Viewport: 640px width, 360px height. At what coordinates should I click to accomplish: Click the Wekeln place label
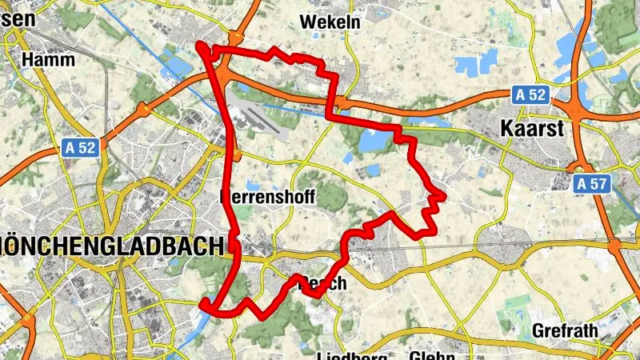point(330,22)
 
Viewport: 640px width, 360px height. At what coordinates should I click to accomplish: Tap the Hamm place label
point(49,59)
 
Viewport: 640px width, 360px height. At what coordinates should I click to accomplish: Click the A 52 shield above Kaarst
point(530,94)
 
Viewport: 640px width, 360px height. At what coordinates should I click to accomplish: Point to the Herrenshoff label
point(268,198)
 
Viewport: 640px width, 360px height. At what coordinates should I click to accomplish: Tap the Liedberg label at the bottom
point(352,355)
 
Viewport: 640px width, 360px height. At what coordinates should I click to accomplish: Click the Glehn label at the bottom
point(433,355)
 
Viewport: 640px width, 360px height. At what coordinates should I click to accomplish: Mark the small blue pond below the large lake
point(371,170)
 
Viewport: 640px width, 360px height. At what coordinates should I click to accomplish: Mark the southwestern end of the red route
point(204,303)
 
